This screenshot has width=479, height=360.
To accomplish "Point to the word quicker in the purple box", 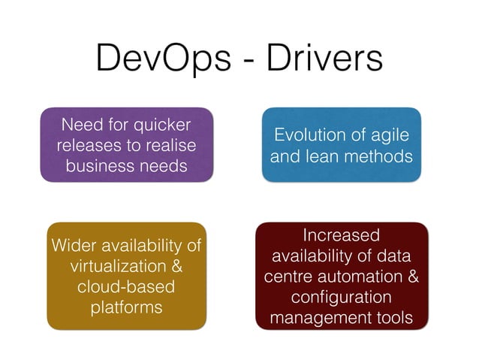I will click(x=160, y=124).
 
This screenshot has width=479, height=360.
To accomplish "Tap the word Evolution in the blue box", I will click(x=309, y=135).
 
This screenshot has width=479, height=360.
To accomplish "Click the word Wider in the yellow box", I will click(x=73, y=246).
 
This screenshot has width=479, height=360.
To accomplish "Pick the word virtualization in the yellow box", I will click(x=119, y=266).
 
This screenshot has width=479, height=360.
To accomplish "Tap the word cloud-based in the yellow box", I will click(x=125, y=287).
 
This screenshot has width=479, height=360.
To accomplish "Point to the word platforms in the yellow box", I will click(x=125, y=307).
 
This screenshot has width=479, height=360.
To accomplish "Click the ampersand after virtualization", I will click(x=177, y=266).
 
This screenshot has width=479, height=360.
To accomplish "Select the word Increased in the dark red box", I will click(x=342, y=235).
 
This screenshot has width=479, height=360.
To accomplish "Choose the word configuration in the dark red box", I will click(x=342, y=297).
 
